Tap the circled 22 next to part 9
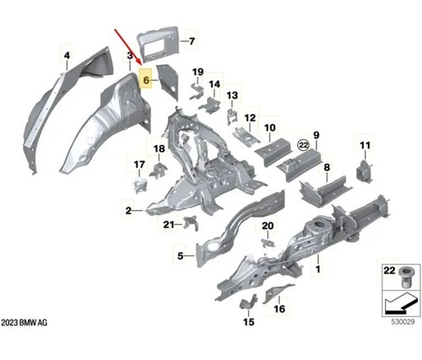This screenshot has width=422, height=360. click(x=303, y=145)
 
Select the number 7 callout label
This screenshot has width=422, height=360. click(x=192, y=41)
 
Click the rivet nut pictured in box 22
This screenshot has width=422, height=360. click(x=404, y=278)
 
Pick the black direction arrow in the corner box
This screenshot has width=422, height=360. click(x=401, y=304)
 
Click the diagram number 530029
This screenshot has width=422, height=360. click(x=403, y=321)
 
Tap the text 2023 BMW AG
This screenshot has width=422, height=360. click(x=24, y=322)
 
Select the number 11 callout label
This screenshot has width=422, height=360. click(x=365, y=145)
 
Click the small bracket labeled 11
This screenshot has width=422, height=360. click(x=365, y=171)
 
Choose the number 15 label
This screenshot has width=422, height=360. click(x=249, y=321)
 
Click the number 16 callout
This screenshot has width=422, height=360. click(x=279, y=309)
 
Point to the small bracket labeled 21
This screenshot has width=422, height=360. click(x=191, y=223)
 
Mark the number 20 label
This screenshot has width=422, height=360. click(x=268, y=226)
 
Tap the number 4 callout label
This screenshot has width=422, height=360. click(x=67, y=56)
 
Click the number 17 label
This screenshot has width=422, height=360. click(x=139, y=164)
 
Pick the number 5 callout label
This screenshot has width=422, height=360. click(x=181, y=255)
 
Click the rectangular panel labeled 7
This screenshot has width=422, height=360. click(x=158, y=44)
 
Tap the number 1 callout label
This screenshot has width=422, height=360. click(x=318, y=269)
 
